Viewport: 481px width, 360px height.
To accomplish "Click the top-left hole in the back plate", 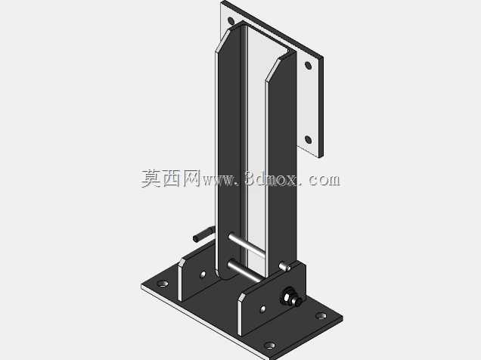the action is [231, 21].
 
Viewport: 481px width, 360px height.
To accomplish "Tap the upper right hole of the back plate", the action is [308, 66].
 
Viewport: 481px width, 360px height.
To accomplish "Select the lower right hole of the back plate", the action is [309, 140].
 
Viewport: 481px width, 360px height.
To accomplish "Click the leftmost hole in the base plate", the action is [162, 284].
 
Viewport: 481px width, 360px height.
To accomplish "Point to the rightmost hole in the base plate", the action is [321, 315].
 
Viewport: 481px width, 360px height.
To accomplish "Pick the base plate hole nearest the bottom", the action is [270, 346].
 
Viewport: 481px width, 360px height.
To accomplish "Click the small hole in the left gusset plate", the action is [203, 275].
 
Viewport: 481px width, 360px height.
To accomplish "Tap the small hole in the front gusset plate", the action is [263, 309].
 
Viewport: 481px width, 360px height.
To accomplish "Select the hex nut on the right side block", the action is [289, 296].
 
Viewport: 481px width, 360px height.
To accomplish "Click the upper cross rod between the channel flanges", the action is [247, 245].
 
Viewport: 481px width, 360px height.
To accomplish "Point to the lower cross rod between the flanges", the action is [245, 271].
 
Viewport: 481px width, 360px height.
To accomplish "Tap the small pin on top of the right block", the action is [284, 267].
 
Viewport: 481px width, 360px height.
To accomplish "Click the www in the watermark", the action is [219, 180].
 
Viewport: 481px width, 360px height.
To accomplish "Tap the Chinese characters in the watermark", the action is [171, 178].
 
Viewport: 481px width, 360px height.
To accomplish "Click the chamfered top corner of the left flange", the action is [224, 40].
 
